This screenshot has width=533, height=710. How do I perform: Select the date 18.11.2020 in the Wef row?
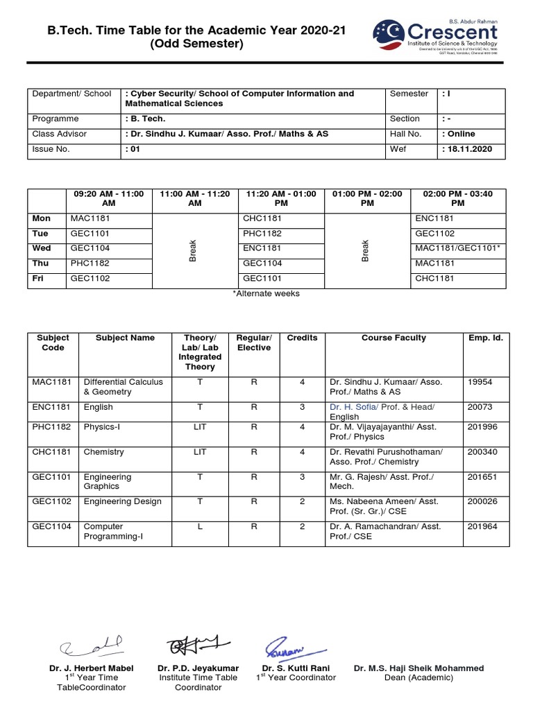click(x=468, y=149)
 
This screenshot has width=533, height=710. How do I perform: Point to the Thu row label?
click(x=41, y=263)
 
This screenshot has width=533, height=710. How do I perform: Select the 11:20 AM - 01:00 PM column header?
click(x=281, y=199)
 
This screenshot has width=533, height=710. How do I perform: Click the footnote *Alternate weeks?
click(x=266, y=293)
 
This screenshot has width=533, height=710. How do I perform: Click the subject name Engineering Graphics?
click(x=107, y=482)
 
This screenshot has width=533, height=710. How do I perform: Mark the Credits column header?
click(x=302, y=338)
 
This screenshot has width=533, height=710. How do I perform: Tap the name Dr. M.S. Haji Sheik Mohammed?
click(x=418, y=668)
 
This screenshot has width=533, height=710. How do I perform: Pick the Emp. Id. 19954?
click(x=480, y=382)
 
